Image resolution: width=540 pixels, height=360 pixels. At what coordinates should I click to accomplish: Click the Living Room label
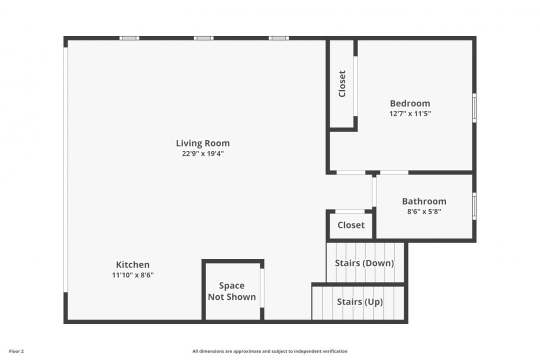[203, 143]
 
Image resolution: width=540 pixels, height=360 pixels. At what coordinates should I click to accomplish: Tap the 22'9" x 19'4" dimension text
[203, 153]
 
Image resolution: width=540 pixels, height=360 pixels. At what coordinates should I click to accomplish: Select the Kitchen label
[132, 264]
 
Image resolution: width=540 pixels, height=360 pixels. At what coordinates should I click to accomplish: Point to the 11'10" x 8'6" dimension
[132, 275]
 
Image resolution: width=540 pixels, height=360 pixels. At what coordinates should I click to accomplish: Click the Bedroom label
[410, 103]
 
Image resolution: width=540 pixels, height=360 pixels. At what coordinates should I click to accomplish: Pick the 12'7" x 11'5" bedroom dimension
[410, 113]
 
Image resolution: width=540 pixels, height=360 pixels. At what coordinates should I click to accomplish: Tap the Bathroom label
[424, 201]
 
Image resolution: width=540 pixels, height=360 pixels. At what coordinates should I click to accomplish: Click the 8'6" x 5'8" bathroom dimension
[424, 211]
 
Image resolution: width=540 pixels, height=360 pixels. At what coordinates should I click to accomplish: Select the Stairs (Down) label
[364, 263]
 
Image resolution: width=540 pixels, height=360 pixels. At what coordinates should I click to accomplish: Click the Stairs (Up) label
[360, 302]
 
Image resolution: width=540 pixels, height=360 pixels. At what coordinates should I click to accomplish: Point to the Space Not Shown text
[232, 291]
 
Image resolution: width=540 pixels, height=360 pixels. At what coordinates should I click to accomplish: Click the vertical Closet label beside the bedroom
[342, 83]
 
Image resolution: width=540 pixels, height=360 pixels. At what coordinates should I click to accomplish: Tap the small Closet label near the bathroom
[351, 225]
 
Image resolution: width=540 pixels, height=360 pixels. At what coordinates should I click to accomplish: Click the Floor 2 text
[16, 351]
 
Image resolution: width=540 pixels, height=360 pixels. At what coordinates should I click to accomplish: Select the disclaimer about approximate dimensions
[269, 351]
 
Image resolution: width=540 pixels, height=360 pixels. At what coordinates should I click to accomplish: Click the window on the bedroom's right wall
[474, 108]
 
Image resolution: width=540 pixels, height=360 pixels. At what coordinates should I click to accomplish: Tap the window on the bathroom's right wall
[474, 206]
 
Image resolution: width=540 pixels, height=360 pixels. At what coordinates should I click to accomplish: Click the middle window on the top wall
[203, 38]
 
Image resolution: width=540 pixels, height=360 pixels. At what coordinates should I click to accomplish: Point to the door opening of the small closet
[350, 211]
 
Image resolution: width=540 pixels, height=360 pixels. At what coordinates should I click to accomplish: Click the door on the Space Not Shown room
[262, 288]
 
